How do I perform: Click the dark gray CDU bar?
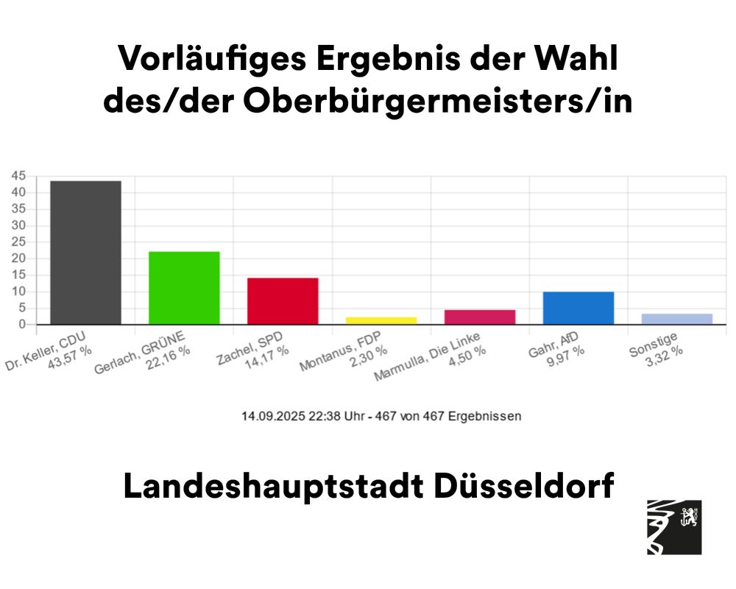click(85, 253)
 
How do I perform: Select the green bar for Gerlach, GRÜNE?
click(184, 288)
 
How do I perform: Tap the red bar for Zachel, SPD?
click(283, 301)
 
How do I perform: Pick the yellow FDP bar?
click(381, 320)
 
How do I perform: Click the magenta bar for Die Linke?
click(480, 317)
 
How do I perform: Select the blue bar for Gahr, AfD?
click(578, 308)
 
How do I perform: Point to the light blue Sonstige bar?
click(677, 319)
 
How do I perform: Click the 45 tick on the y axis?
click(18, 176)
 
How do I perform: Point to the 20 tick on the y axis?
click(18, 258)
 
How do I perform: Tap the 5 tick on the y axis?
click(21, 308)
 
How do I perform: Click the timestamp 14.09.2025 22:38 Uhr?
click(298, 416)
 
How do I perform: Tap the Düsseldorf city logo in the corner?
click(673, 527)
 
